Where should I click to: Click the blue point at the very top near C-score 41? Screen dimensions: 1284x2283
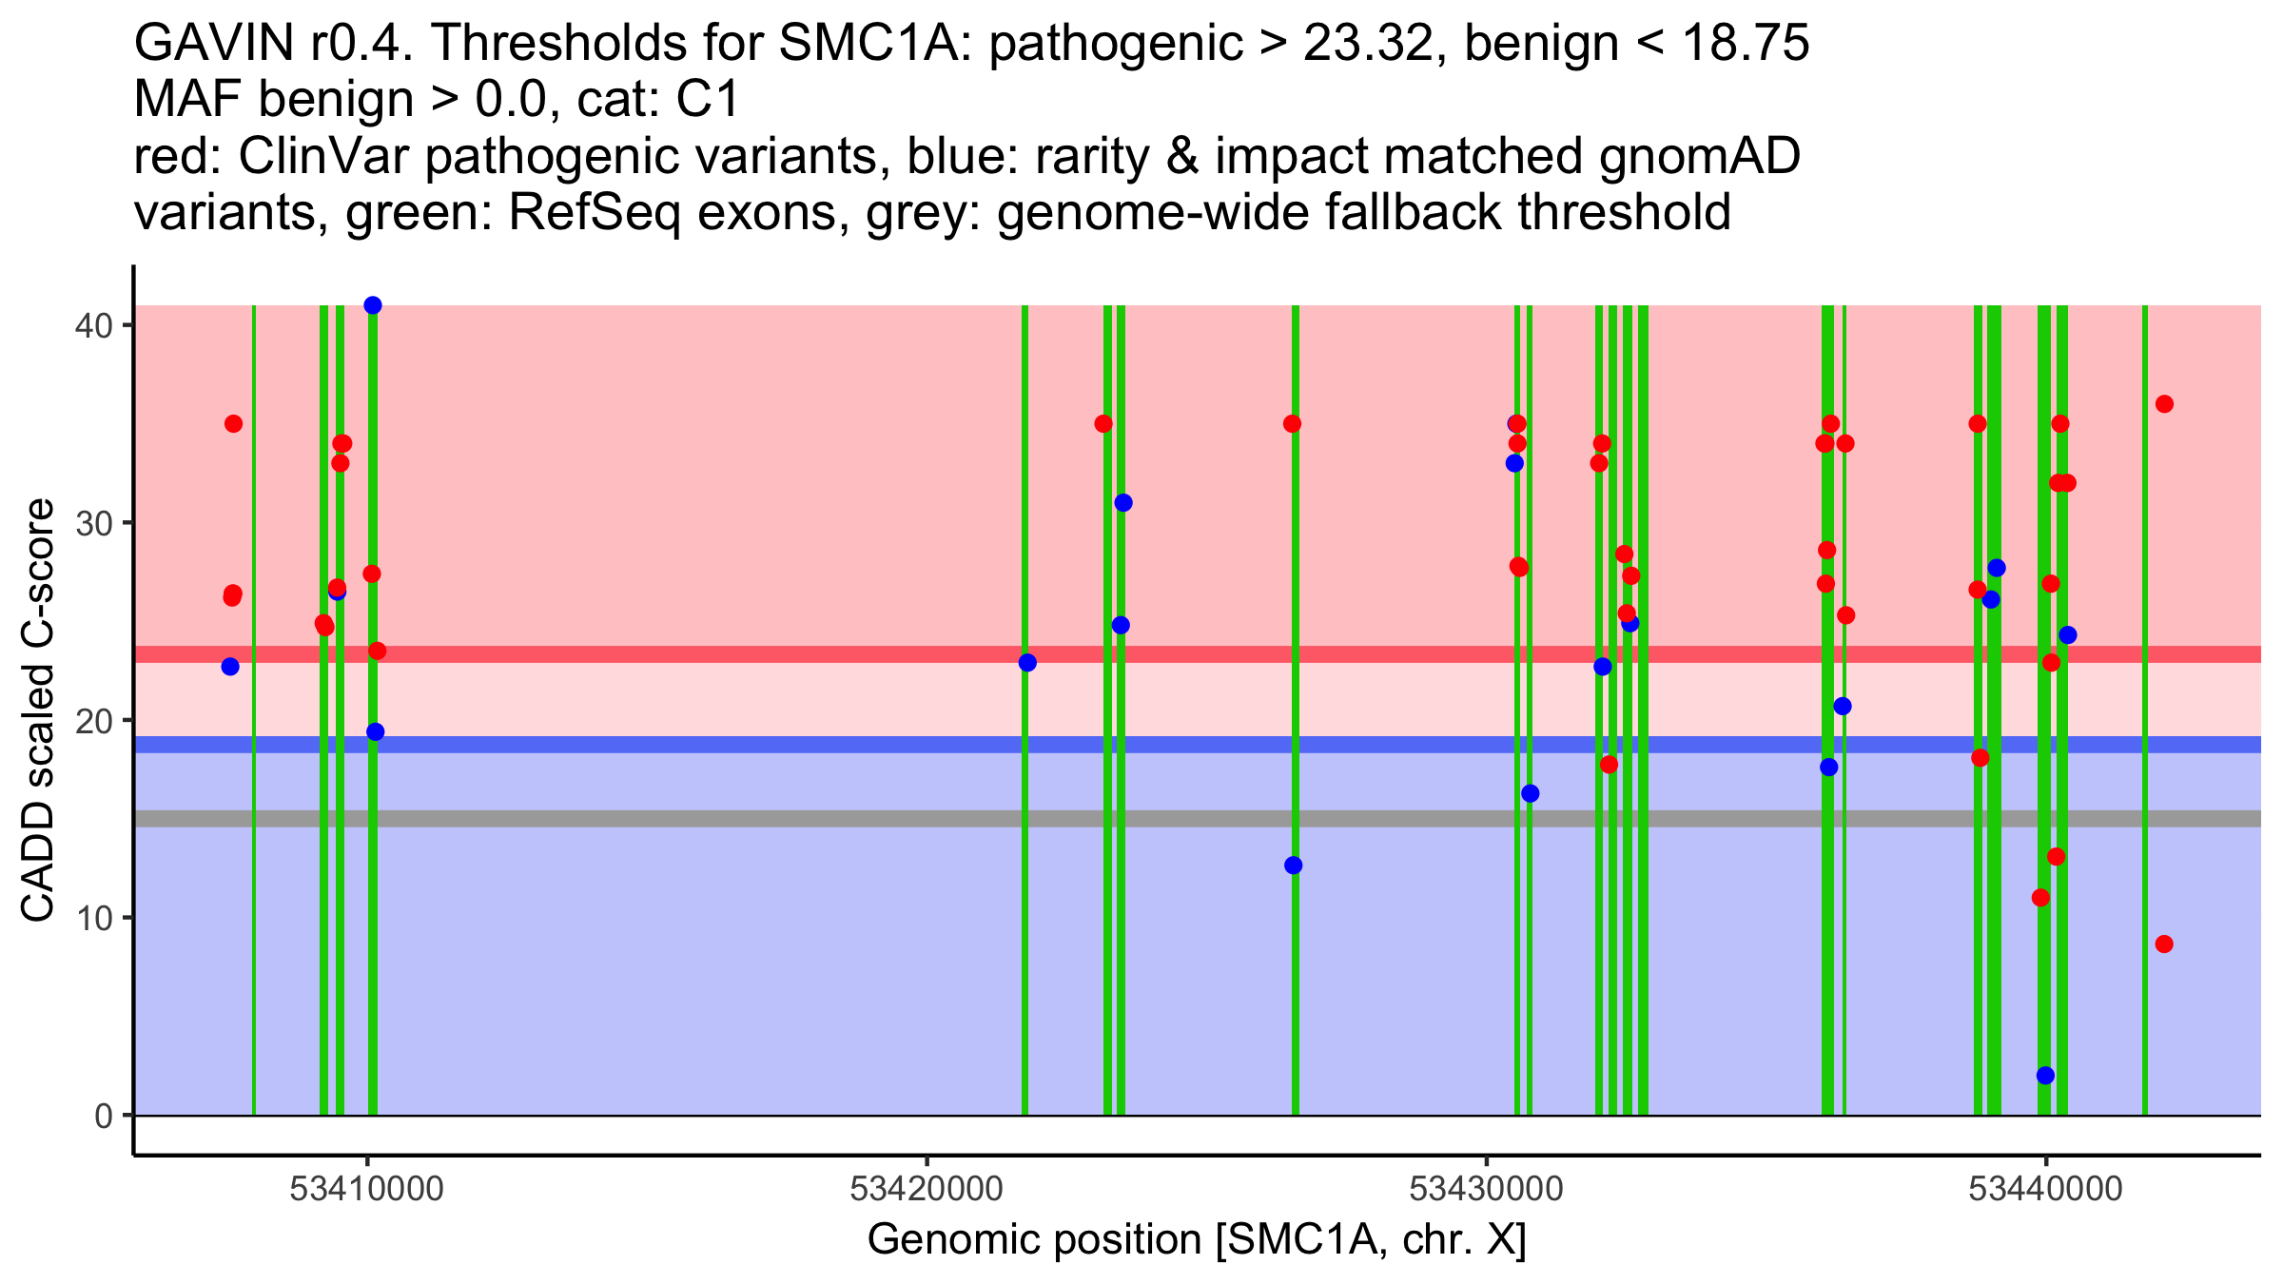(x=373, y=305)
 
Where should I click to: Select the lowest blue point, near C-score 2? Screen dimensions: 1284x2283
(x=2045, y=1076)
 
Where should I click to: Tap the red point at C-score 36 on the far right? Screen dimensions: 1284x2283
(x=2164, y=404)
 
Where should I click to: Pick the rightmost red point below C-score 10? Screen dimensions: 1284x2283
(x=2164, y=944)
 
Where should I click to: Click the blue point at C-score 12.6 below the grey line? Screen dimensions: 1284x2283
(x=1293, y=866)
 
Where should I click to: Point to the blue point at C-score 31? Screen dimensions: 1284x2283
(x=1123, y=503)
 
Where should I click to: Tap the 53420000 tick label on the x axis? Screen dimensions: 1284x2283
(x=927, y=1190)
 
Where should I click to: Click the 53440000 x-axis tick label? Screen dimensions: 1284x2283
(x=2045, y=1190)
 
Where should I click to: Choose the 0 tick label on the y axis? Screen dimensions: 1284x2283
(x=103, y=1116)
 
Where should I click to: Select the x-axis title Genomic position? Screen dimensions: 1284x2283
(x=1197, y=1240)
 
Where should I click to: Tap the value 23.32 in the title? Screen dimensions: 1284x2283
(x=1368, y=44)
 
